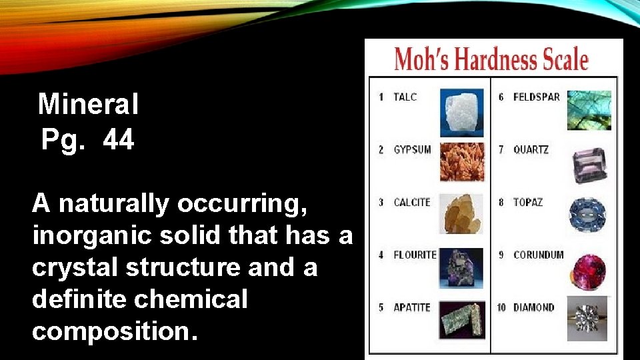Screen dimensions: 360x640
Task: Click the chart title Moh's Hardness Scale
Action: (x=491, y=59)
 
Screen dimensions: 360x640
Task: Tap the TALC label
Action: (x=405, y=97)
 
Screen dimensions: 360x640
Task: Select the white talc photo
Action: (x=461, y=112)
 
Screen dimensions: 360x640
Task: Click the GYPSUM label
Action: (x=412, y=150)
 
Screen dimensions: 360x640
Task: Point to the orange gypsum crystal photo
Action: (x=461, y=162)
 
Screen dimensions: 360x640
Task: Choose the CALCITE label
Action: (x=412, y=203)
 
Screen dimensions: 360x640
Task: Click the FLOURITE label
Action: (x=414, y=255)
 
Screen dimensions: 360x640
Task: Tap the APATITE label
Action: (x=411, y=307)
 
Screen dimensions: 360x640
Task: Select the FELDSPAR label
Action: (x=536, y=97)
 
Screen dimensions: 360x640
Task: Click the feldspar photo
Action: (x=589, y=110)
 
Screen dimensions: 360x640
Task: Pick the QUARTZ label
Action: (x=531, y=150)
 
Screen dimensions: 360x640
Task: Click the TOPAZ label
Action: (x=528, y=203)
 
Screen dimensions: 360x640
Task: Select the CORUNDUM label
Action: (x=538, y=255)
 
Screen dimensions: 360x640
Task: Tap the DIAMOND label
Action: (x=533, y=307)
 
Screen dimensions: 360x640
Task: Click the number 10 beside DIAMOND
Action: (x=501, y=307)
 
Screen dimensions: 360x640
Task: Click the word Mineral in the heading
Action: (x=88, y=104)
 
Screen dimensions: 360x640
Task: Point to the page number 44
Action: (x=119, y=140)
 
